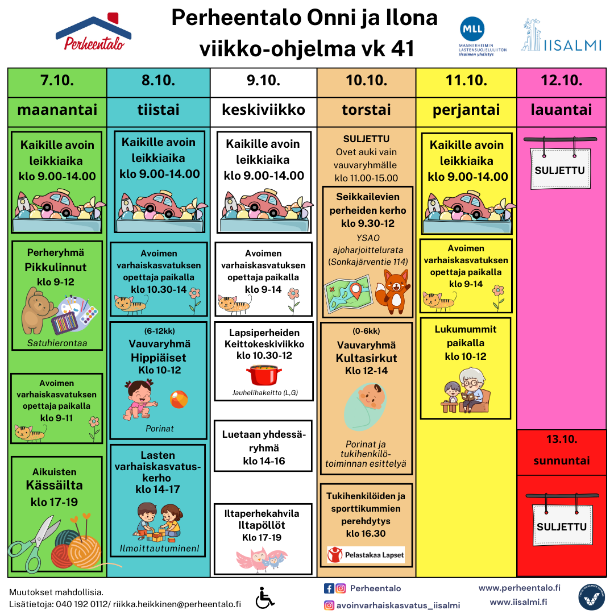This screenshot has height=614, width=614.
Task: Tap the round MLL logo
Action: coord(472,28)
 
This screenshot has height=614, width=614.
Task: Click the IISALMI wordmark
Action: coord(572,45)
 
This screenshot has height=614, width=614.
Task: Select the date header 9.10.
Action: coord(264,80)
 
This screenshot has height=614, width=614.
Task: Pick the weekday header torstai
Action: coord(367,110)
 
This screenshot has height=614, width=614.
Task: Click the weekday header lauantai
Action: coord(562,110)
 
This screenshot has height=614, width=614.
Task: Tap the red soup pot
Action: coord(264,375)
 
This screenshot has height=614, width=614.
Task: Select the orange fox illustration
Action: coord(392,291)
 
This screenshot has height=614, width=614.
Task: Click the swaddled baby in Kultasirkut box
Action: coord(365,406)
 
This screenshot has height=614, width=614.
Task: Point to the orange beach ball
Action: coord(179,400)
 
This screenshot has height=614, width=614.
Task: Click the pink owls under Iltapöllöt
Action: coord(262,559)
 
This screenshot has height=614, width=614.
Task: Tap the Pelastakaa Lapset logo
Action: coord(366,555)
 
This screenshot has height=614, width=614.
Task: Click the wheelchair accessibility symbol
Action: coord(265,598)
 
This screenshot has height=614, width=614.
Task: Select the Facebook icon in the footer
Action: coord(329,588)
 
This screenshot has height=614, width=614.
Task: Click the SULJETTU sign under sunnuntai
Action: coord(562,521)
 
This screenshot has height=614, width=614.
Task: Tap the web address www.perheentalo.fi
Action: coord(519,588)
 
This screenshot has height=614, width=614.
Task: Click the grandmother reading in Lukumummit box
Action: coord(474,390)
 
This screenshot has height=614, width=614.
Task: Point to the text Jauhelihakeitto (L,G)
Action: coord(265,393)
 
